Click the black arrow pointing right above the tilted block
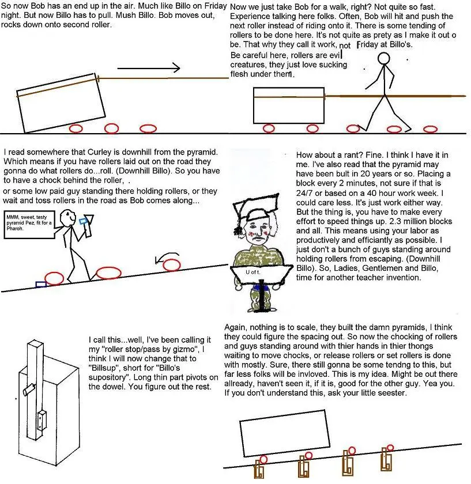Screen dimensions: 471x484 [x=149, y=68]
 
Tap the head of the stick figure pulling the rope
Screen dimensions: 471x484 [x=384, y=58]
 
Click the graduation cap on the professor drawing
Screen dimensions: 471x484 [x=255, y=207]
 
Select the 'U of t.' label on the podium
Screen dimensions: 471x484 [x=253, y=272]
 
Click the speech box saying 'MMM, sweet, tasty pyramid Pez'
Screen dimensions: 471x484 [x=29, y=225]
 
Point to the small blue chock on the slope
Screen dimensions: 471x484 [x=41, y=284]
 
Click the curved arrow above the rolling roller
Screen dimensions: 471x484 [x=167, y=258]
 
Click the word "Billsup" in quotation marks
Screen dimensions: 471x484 [x=102, y=368]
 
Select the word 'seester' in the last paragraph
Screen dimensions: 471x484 [x=390, y=393]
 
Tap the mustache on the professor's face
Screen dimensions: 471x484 [x=258, y=239]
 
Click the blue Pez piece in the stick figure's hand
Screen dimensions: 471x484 [x=82, y=221]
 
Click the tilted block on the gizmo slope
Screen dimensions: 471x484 [x=284, y=433]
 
